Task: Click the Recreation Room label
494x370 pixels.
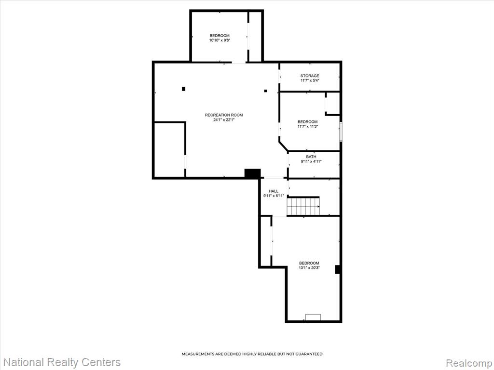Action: (x=224, y=115)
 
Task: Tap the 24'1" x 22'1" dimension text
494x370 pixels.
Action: (x=224, y=120)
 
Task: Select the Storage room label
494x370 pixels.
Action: (x=310, y=76)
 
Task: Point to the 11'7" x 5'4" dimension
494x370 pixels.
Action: (x=310, y=80)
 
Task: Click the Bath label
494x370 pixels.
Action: (x=311, y=157)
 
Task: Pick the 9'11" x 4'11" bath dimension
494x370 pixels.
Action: (x=311, y=161)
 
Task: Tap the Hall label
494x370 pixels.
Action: (x=274, y=191)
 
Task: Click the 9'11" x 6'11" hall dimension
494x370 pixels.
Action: (x=274, y=196)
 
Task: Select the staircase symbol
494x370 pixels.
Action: (x=303, y=206)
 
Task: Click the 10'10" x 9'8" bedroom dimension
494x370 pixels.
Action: (x=220, y=40)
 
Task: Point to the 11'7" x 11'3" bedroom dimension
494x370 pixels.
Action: (x=308, y=127)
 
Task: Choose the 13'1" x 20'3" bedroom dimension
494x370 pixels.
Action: (x=309, y=268)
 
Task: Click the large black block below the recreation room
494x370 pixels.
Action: (x=253, y=173)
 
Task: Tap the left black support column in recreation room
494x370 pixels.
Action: (x=184, y=89)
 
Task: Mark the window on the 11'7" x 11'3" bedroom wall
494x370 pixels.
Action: (x=341, y=132)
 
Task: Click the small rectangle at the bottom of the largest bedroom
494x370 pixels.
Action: (x=313, y=317)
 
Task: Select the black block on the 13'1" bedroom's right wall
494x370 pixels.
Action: (x=337, y=269)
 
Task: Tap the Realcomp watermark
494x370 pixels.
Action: (x=469, y=363)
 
